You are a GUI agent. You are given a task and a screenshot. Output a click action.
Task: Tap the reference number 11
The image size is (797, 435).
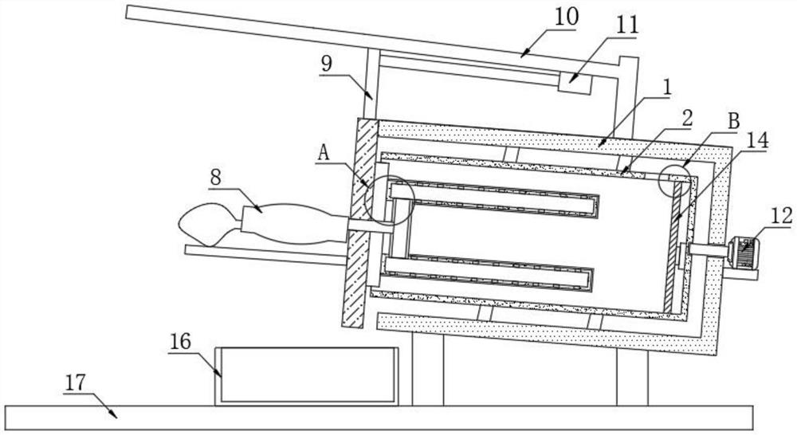click(628, 25)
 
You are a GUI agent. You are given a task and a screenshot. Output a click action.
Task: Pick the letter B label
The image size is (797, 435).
click(734, 121)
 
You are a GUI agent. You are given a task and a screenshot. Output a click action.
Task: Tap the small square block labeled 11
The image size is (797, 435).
click(575, 82)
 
